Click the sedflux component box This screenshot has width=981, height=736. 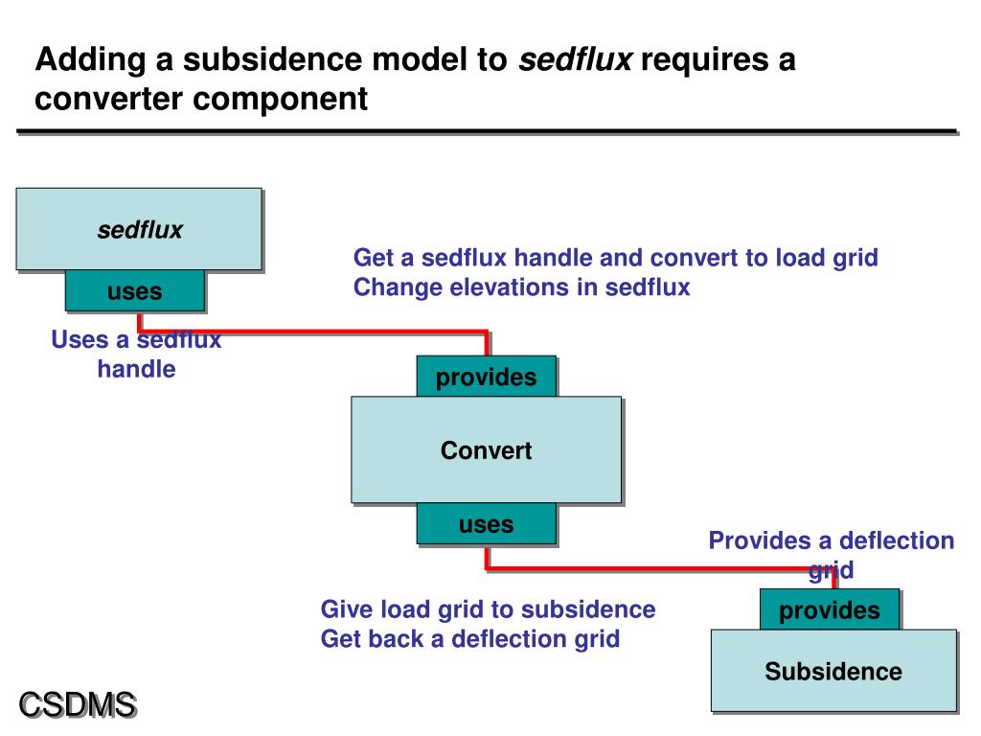tap(139, 229)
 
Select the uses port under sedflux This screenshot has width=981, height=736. tap(134, 290)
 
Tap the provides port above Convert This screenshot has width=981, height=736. tap(486, 377)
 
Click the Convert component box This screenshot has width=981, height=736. tap(486, 449)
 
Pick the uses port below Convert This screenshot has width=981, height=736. tap(486, 523)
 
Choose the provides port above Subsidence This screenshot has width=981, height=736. tap(830, 609)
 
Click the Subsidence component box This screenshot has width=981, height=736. tap(833, 670)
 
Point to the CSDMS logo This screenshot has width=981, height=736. tap(79, 704)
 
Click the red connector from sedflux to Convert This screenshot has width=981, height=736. tap(316, 333)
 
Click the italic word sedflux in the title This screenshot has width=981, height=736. tap(575, 61)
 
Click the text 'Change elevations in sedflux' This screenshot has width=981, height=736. tap(521, 287)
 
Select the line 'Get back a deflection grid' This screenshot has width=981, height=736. tap(469, 638)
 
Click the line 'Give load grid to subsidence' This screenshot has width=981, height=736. tap(488, 609)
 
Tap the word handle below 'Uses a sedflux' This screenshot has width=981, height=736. tap(136, 369)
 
